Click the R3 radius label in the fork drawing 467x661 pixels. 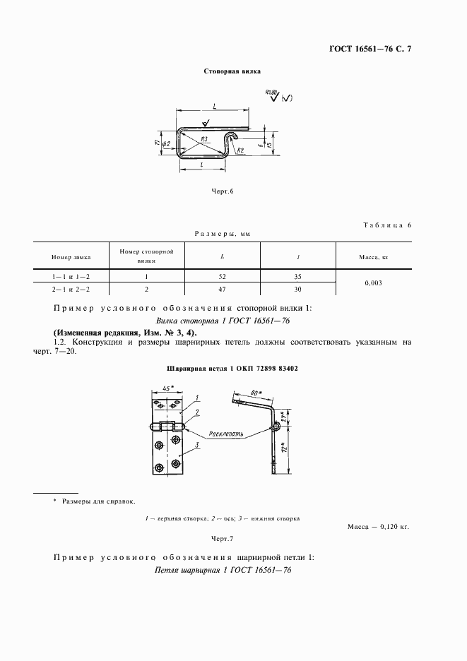coord(203,139)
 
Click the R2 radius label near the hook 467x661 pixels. coord(240,150)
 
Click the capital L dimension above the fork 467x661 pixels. coord(213,106)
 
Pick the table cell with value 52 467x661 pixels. coord(223,278)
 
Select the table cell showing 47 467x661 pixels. coord(223,290)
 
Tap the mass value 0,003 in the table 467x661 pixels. coord(374,283)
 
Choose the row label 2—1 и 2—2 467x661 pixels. coord(70,290)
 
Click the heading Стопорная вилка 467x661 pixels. coord(232,72)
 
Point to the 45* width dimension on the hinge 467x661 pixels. coord(167,388)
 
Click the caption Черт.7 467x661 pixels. coord(223,538)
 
